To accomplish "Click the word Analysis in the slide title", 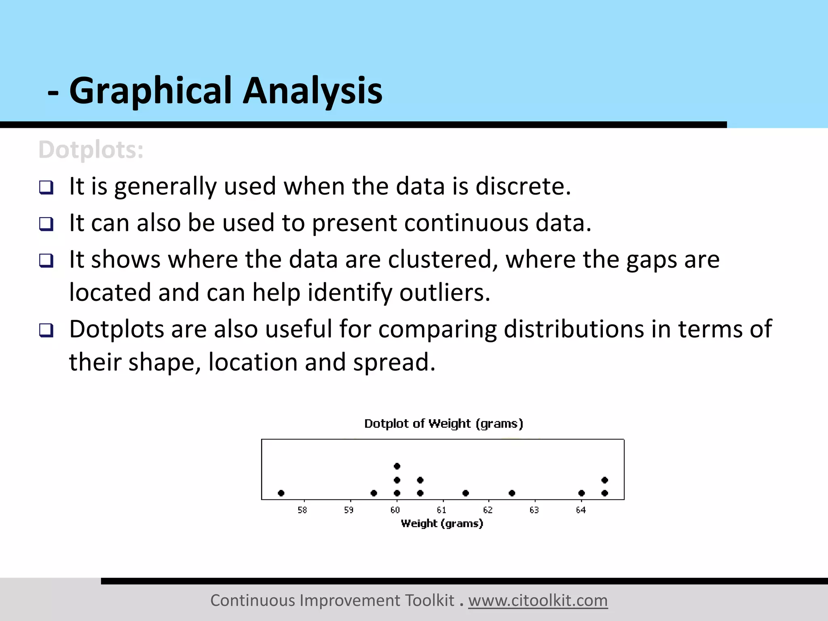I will point(312,91).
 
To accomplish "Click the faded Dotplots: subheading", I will point(91,150).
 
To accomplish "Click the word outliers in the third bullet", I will point(444,292).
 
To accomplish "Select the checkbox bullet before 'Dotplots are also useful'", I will point(46,330).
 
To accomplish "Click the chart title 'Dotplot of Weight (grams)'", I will point(444,424).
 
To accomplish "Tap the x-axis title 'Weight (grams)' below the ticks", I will point(442,524).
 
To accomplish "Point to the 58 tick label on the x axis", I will point(302,510).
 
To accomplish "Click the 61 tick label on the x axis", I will point(441,510).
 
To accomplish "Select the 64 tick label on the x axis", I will point(581,510).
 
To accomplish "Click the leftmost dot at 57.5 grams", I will point(281,493).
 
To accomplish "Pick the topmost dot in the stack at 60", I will point(397,466).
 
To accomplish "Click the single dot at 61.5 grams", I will point(466,493).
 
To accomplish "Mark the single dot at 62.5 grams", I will point(512,493).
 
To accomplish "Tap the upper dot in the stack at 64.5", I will point(605,480).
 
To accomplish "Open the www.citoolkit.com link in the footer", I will point(538,601).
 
